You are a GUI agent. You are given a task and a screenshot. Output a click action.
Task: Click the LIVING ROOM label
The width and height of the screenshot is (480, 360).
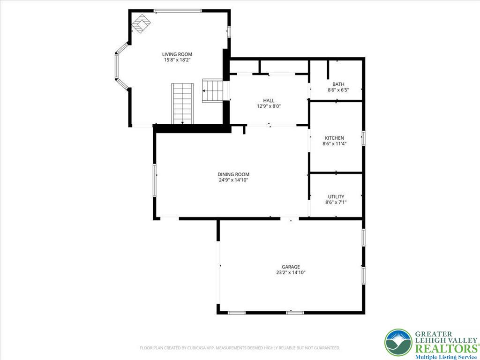(177, 54)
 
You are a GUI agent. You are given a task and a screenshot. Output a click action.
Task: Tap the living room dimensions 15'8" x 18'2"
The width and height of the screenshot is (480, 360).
(177, 60)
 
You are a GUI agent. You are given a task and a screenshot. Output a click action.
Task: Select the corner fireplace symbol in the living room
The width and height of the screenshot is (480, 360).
(141, 23)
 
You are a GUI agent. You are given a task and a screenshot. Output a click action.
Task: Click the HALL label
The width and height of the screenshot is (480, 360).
(269, 100)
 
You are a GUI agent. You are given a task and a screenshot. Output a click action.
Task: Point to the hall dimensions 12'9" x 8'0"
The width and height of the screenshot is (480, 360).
(269, 106)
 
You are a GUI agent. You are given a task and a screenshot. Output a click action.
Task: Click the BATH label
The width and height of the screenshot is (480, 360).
(338, 84)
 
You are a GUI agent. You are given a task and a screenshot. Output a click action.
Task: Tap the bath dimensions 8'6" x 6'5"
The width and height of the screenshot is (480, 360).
(338, 90)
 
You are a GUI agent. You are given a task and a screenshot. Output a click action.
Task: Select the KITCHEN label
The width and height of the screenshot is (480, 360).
(334, 138)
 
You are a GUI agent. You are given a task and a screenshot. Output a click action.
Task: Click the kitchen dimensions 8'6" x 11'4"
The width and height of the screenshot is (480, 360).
(334, 143)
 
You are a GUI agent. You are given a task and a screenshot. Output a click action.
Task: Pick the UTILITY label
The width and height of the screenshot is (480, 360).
(336, 196)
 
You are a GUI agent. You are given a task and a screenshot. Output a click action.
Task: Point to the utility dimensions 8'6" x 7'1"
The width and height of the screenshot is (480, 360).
(336, 202)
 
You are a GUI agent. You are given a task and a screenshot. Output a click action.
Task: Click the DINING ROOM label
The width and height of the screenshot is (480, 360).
(233, 174)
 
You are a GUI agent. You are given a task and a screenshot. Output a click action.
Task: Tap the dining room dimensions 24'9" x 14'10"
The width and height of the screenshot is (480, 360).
(233, 180)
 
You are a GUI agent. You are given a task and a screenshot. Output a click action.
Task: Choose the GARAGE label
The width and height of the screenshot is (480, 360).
(291, 267)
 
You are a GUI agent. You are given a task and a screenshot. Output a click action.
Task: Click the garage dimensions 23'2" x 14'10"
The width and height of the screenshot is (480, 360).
(291, 272)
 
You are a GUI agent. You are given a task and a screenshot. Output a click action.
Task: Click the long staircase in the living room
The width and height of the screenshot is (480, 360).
(182, 104)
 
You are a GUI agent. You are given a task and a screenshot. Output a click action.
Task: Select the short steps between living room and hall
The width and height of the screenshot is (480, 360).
(212, 90)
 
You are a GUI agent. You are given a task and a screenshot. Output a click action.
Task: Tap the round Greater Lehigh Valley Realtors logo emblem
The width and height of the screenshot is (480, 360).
(398, 343)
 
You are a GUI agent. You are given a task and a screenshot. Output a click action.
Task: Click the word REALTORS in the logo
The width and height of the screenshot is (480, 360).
(446, 349)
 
